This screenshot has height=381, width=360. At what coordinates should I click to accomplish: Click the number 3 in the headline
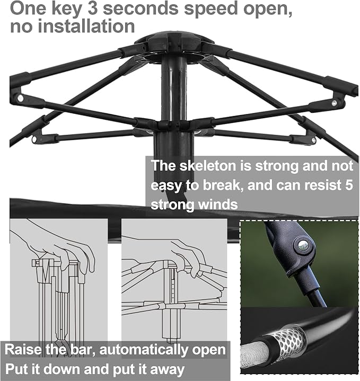pyautogui.click(x=93, y=8)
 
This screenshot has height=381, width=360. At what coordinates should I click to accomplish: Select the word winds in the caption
pyautogui.click(x=218, y=205)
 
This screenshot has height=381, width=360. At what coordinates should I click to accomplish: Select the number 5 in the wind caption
pyautogui.click(x=349, y=185)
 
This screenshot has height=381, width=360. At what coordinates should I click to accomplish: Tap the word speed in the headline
pyautogui.click(x=211, y=9)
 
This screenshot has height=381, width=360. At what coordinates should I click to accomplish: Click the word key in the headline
pyautogui.click(x=66, y=9)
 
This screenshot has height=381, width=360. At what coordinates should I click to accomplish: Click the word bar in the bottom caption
pyautogui.click(x=82, y=350)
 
